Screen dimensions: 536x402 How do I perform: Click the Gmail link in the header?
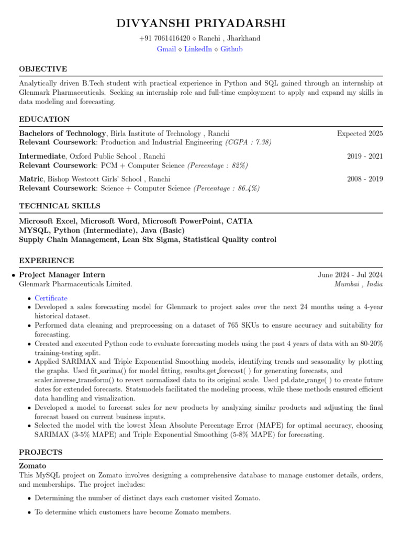tap(166, 49)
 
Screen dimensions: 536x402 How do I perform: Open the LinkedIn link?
tap(198, 49)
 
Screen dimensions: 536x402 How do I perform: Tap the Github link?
tap(231, 49)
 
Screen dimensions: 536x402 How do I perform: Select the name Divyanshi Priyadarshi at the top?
tap(201, 24)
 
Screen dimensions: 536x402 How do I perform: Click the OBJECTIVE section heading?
tap(43, 69)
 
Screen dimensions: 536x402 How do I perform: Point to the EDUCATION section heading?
tap(44, 119)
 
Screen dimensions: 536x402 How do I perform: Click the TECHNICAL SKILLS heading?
tap(60, 206)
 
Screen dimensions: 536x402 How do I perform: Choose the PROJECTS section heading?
tap(41, 452)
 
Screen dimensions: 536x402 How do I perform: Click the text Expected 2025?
tap(360, 133)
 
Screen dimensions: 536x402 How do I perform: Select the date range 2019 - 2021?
tap(365, 157)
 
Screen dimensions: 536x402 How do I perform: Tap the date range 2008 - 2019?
tap(365, 179)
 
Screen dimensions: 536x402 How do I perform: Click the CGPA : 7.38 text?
tap(248, 142)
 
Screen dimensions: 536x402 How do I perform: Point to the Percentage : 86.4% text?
tap(227, 188)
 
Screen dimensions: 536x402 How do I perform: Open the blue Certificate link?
tap(51, 298)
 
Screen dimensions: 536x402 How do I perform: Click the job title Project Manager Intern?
tap(62, 275)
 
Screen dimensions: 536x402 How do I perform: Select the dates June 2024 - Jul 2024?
tap(350, 275)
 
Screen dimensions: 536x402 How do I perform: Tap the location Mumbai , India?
tap(359, 284)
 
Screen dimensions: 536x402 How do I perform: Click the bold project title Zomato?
tap(32, 465)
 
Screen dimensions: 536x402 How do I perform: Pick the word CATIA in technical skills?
tap(239, 221)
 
